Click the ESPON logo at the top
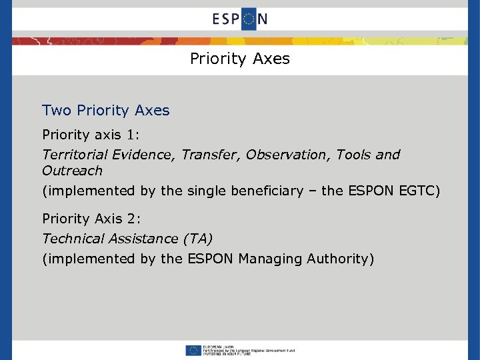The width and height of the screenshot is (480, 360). pyautogui.click(x=240, y=19)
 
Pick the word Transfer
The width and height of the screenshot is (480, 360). pyautogui.click(x=206, y=155)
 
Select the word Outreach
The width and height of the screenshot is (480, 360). pyautogui.click(x=72, y=171)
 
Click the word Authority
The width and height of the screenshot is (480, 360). pyautogui.click(x=341, y=259)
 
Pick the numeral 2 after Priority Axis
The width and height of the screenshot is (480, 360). pyautogui.click(x=133, y=219)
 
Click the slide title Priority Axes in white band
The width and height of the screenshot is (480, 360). pyautogui.click(x=240, y=59)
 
